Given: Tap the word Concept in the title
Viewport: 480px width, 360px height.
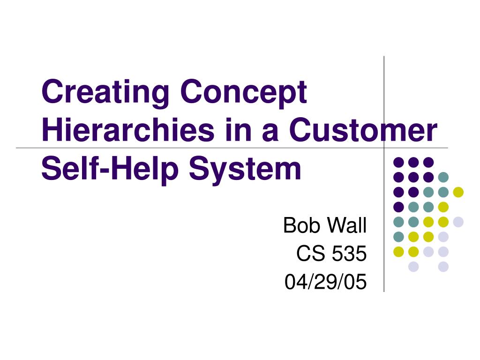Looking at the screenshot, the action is [x=244, y=92].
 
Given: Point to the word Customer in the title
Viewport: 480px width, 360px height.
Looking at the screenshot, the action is [x=363, y=130].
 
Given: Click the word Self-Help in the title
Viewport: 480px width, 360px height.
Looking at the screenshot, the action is [x=110, y=169].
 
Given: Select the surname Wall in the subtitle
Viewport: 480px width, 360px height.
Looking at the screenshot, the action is [x=346, y=225].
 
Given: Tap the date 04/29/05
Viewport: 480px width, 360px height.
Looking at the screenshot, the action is [x=325, y=282].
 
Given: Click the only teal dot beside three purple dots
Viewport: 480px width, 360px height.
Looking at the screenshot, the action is [x=443, y=177].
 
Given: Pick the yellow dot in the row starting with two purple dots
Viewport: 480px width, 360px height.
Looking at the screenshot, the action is [x=458, y=192].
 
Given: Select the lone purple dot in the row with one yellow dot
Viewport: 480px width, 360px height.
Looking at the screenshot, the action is [x=398, y=207].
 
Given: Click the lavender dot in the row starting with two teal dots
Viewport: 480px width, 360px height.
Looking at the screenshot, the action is [x=458, y=222].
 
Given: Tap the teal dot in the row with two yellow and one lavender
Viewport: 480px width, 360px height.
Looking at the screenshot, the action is [x=398, y=237].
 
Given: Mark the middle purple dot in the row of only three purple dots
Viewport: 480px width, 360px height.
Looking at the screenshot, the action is [x=413, y=162].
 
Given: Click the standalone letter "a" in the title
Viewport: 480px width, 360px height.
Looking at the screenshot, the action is [x=270, y=133].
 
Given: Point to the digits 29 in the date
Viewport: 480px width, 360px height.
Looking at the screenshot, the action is [x=325, y=282].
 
